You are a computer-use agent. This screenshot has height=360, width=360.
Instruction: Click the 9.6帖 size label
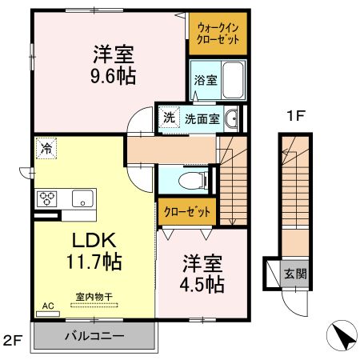[112, 78]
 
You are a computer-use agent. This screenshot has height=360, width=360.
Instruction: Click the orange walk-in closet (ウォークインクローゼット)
[218, 34]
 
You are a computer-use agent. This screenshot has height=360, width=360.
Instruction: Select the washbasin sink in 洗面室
[232, 119]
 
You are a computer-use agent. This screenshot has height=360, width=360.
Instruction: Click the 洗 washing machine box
[169, 118]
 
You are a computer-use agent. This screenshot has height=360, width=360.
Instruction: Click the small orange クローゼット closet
[187, 212]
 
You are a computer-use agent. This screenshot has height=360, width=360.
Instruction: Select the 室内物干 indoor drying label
[94, 297]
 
